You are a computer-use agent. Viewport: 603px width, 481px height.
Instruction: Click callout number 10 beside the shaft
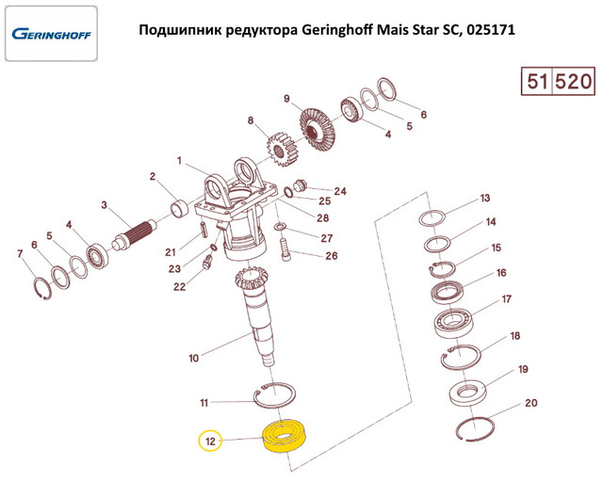point(193,357)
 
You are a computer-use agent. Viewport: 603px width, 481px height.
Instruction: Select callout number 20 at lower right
point(530,403)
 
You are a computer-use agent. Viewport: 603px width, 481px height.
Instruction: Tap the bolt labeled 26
point(286,249)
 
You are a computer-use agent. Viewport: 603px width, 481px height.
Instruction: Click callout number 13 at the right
point(485,199)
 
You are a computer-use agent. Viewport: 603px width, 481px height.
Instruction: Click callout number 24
point(340,191)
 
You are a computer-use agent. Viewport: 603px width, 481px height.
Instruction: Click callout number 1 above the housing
point(179,161)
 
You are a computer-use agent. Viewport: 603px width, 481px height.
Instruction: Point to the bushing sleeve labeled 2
point(177,206)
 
